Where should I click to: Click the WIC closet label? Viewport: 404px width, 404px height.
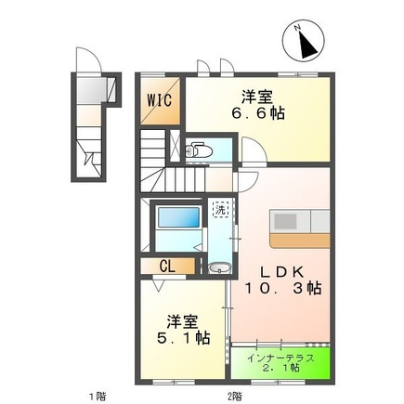[160, 100]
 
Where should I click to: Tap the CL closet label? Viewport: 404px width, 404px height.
[167, 266]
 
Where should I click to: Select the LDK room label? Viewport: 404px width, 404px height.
[281, 272]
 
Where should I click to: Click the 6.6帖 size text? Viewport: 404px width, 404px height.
[258, 113]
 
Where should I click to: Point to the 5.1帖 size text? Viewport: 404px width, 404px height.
[183, 338]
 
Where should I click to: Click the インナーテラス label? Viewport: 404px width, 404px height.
[280, 358]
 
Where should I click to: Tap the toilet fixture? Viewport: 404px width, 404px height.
[199, 150]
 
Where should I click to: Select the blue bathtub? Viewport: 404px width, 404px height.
[178, 217]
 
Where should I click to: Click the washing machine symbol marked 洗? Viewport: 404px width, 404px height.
[220, 210]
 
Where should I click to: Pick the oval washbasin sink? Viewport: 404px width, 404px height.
[219, 267]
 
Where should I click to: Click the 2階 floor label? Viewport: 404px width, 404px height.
[235, 396]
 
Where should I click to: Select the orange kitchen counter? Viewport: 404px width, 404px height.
[300, 241]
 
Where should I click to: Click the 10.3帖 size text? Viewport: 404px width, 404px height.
[283, 289]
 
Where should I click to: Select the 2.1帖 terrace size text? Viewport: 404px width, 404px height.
[280, 369]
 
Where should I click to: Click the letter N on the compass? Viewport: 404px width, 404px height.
[298, 28]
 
